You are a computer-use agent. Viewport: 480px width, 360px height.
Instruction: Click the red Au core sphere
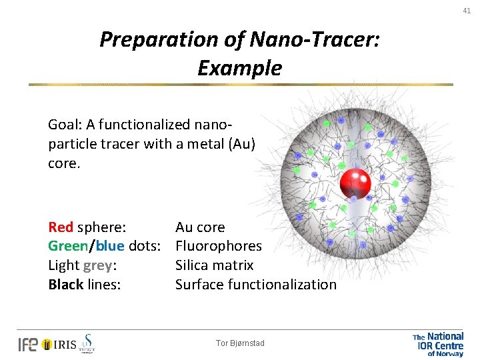[x=355, y=183]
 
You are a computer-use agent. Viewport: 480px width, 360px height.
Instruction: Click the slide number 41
[x=467, y=10]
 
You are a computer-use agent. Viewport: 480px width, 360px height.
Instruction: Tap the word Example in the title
[x=239, y=68]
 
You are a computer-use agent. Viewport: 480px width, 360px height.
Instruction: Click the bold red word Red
[x=61, y=227]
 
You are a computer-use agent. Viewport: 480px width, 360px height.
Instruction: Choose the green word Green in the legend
[x=67, y=246]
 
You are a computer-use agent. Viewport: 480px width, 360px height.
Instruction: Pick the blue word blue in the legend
[x=109, y=246]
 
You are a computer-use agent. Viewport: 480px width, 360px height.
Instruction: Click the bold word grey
[x=98, y=265]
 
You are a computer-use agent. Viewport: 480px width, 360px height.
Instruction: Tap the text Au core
[x=200, y=227]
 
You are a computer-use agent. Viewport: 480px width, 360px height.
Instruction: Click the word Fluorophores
[x=219, y=246]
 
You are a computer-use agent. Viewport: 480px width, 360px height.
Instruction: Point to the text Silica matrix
[x=214, y=265]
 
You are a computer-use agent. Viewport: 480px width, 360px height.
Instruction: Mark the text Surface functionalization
[x=255, y=285]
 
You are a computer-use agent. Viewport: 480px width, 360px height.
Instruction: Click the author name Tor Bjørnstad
[x=240, y=343]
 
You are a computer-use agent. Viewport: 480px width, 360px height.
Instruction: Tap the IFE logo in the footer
[x=27, y=344]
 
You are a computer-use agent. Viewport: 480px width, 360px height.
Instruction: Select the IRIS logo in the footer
[x=59, y=344]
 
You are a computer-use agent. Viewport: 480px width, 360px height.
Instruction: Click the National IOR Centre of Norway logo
[x=438, y=344]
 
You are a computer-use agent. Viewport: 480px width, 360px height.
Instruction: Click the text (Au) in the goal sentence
[x=241, y=143]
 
